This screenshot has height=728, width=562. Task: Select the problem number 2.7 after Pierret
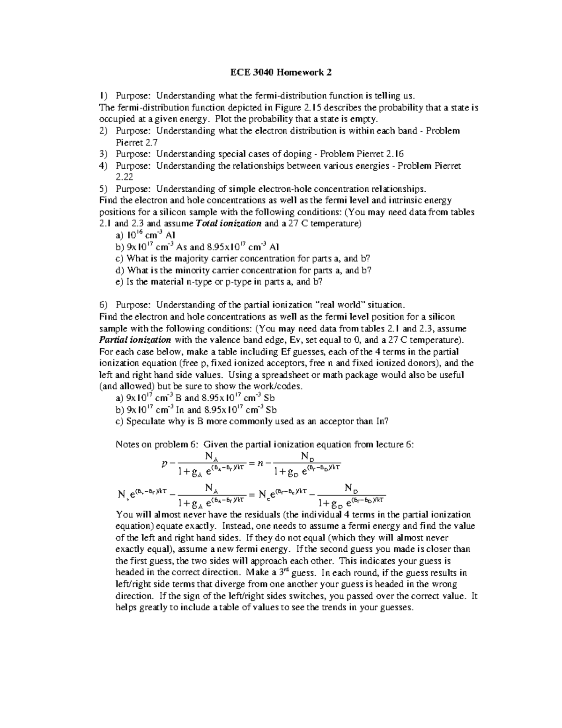coord(152,142)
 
